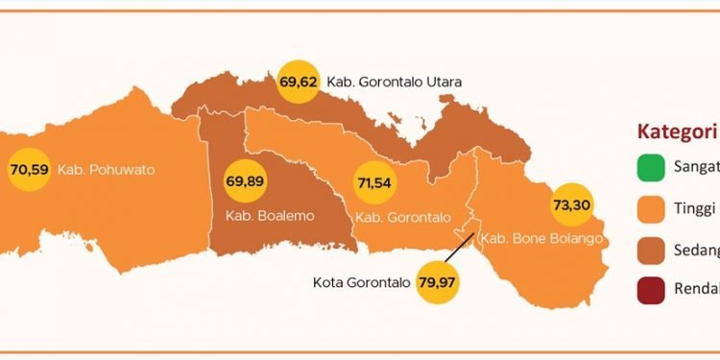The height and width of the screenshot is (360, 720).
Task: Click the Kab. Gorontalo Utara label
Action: point(394,82)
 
